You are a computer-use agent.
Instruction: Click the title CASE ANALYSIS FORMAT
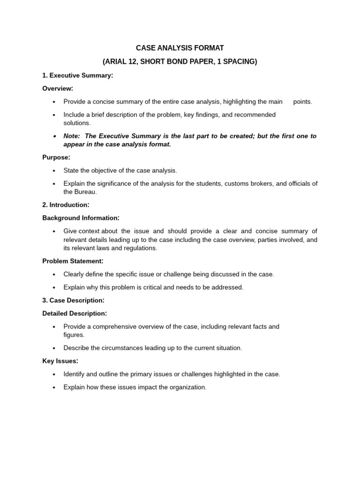pos(180,48)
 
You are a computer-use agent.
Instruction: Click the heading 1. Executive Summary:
pos(78,75)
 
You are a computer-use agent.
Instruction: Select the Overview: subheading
pos(58,88)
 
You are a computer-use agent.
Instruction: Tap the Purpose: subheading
pos(56,157)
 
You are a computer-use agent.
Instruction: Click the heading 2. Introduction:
pos(66,205)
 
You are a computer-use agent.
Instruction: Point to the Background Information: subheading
pos(81,217)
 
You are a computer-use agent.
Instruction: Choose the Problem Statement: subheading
pos(73,261)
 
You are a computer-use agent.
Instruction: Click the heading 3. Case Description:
pos(73,300)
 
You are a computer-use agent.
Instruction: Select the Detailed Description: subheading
pos(75,313)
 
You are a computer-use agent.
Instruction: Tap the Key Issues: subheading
pos(60,361)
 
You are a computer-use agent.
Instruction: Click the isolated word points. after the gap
pos(302,101)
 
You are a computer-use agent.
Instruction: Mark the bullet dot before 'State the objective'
pos(54,171)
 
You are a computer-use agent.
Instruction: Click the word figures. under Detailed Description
pos(74,335)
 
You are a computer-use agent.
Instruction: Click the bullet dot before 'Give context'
pos(54,231)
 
